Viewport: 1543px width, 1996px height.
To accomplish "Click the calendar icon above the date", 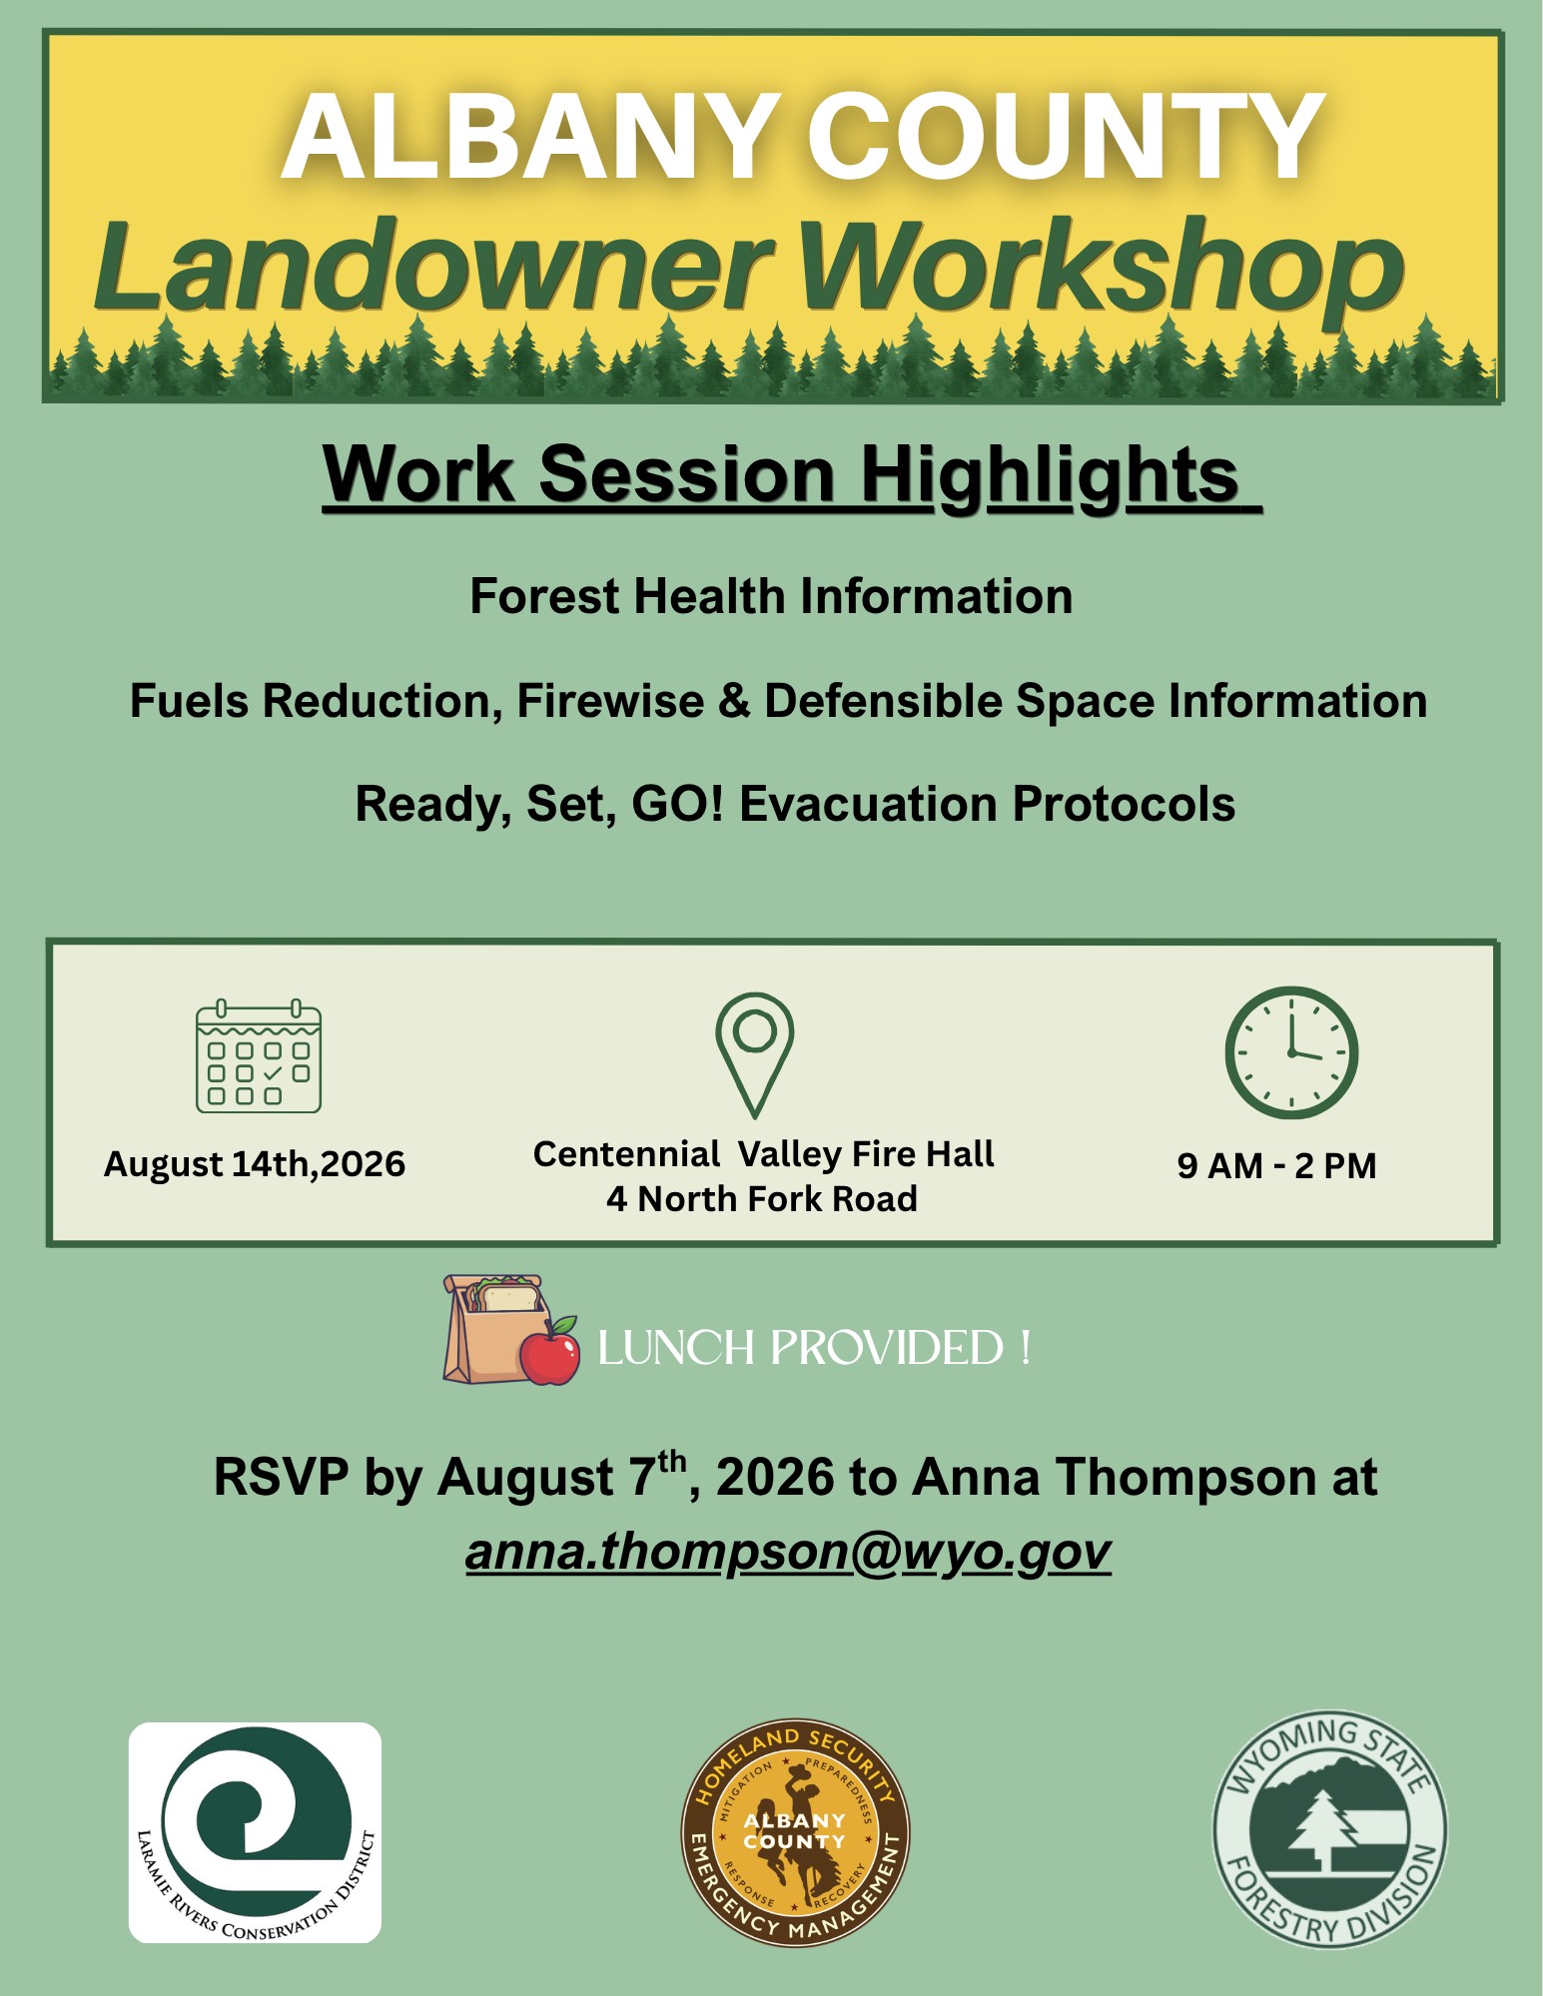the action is click(x=259, y=1055).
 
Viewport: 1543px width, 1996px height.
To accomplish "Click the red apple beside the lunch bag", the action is click(x=549, y=1351).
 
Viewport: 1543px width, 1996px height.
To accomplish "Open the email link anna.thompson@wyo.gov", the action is click(x=788, y=1552).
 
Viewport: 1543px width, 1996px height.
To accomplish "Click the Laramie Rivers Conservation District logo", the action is click(x=255, y=1833).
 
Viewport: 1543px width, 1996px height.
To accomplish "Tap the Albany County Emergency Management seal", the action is click(x=795, y=1833).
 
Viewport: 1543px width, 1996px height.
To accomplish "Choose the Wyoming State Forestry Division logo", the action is click(x=1329, y=1830).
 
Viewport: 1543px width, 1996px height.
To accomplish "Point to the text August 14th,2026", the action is click(x=255, y=1164).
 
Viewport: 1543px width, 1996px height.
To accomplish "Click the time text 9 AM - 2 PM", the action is click(x=1276, y=1165).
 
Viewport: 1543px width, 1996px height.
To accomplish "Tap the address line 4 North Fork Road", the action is click(x=762, y=1198).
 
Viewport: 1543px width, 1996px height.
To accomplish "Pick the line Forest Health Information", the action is click(x=771, y=597).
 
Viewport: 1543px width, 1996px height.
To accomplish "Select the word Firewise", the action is click(x=610, y=701).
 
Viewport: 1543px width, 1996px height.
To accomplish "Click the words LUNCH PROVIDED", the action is click(x=800, y=1348).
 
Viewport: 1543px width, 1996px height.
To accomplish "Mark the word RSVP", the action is click(x=281, y=1478).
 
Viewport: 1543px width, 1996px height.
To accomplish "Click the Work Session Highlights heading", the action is click(x=792, y=476).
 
